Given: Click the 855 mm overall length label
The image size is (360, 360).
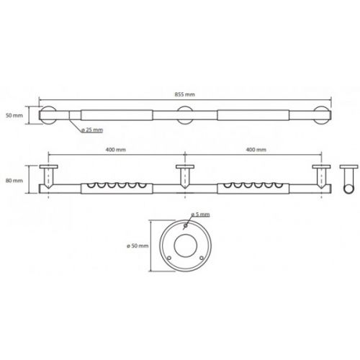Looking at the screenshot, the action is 184,94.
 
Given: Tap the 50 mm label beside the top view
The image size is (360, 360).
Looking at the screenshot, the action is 14,115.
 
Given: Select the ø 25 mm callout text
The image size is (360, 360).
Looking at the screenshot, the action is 92,130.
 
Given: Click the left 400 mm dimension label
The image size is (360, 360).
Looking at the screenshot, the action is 116,150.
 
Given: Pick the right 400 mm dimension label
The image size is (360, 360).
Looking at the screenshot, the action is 256,150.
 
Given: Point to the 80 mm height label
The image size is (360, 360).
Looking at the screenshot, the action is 14,181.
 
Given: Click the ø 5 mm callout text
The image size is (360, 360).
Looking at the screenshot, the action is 200,215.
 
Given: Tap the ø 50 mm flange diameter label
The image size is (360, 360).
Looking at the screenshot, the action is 138,246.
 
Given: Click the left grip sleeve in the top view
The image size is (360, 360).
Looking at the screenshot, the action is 117,115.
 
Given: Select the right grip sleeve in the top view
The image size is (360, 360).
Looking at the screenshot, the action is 253,115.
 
